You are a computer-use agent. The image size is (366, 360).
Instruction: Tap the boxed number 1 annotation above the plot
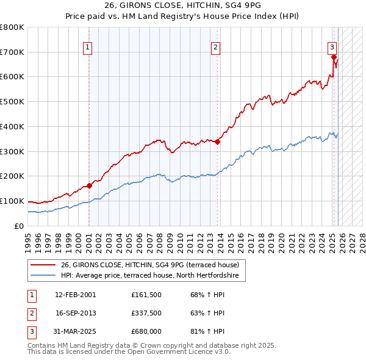click(x=88, y=46)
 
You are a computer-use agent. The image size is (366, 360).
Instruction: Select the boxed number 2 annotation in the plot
click(x=216, y=46)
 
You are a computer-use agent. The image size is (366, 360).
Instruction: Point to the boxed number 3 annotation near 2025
click(x=332, y=46)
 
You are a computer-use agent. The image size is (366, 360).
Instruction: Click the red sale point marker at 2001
click(x=89, y=185)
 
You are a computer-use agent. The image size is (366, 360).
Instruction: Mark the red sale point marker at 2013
click(x=217, y=142)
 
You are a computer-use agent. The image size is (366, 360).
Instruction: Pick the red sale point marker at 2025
click(x=334, y=57)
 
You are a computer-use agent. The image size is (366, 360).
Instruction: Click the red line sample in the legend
click(x=43, y=265)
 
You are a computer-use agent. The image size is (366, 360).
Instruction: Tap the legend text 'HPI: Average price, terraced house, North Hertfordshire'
click(x=153, y=276)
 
